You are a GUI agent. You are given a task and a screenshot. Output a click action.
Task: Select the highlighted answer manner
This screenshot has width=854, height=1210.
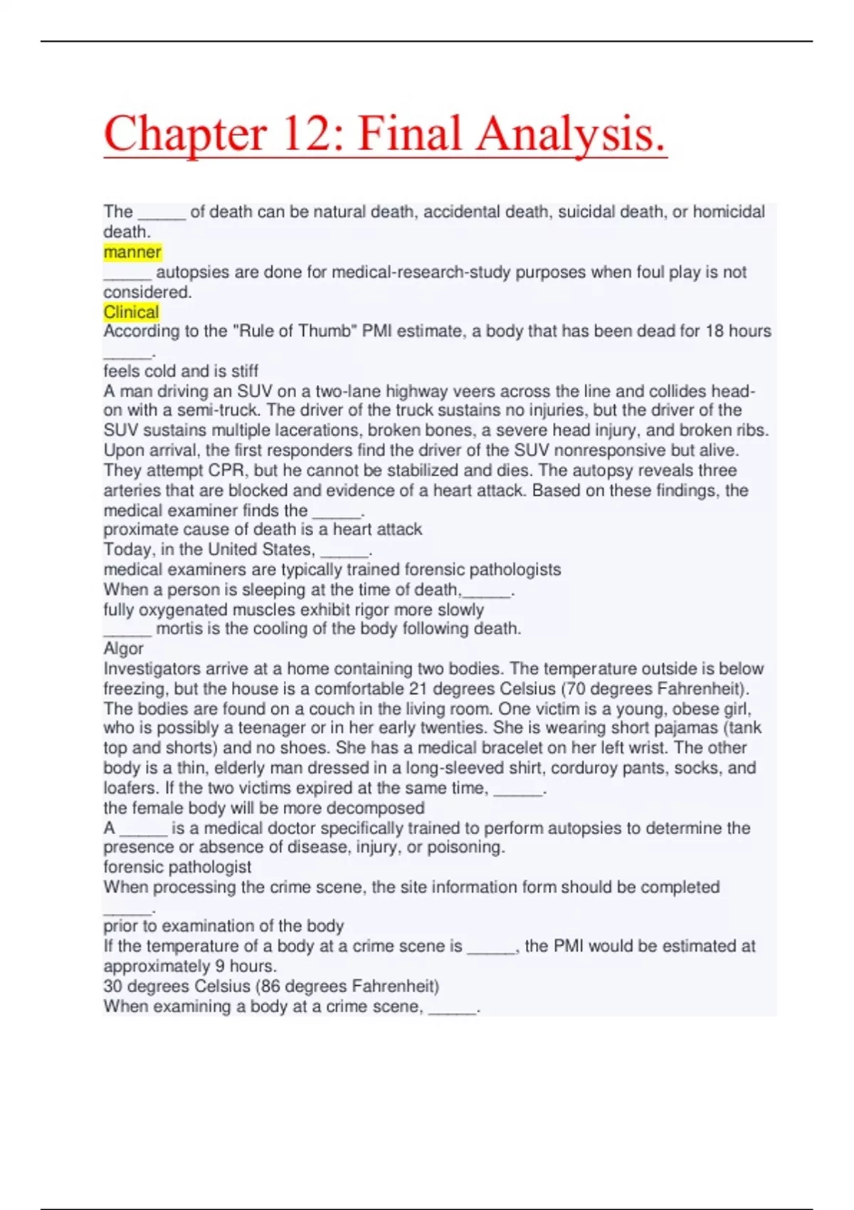tap(132, 252)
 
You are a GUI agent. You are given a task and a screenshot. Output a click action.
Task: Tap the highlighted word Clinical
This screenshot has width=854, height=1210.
tap(131, 312)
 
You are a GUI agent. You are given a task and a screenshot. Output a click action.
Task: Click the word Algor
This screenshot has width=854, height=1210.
tap(123, 648)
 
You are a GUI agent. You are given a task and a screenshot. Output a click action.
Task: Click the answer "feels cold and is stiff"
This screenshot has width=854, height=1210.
tap(181, 371)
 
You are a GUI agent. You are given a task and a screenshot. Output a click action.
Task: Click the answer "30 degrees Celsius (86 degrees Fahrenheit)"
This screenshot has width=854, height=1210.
tap(271, 987)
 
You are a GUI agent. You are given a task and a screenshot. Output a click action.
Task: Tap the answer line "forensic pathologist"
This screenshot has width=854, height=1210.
tap(177, 867)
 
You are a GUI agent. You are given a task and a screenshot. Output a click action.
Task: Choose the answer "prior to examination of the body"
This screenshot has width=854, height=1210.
tap(223, 926)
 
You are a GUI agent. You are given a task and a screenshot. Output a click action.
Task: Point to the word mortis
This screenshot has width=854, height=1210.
tap(179, 628)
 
